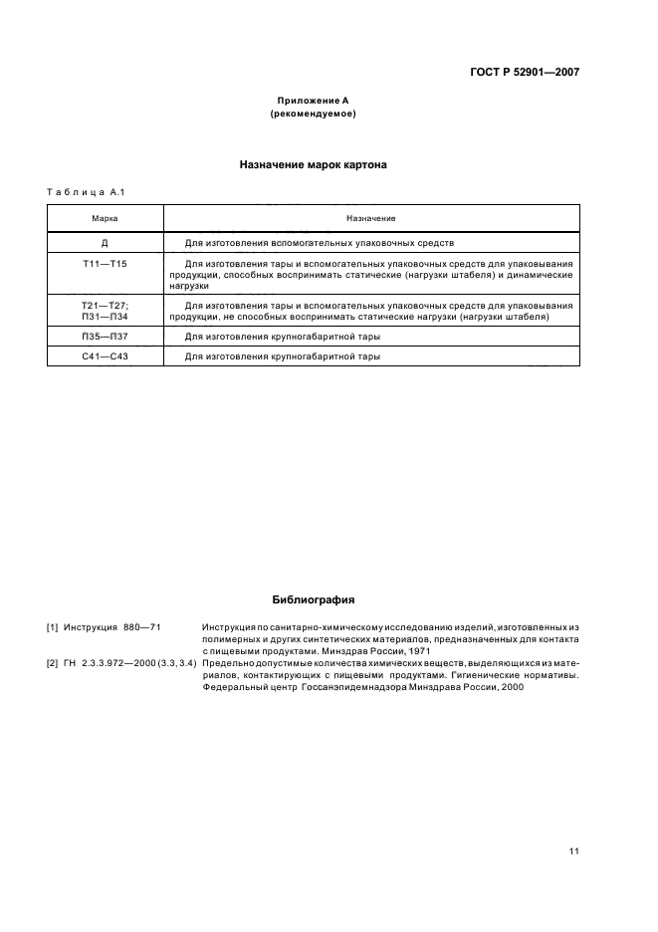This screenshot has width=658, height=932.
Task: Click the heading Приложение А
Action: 313,101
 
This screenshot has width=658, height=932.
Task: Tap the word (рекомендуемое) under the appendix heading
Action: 313,114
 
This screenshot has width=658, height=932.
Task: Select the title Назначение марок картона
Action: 313,165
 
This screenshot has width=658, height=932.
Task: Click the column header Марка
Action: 106,218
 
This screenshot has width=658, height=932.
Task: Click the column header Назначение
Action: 371,218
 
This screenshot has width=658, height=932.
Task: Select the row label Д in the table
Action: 106,242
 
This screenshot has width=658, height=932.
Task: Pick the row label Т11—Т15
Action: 106,264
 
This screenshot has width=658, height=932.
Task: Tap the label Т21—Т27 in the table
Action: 106,306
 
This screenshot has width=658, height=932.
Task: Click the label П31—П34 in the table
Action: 106,317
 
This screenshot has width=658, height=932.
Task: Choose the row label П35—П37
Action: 106,338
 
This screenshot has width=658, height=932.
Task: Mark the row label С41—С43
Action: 106,356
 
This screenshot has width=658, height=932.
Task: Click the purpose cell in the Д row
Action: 320,242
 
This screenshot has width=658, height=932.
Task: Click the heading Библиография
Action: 313,600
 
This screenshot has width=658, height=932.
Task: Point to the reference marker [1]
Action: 53,627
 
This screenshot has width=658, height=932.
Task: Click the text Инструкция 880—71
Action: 111,627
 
